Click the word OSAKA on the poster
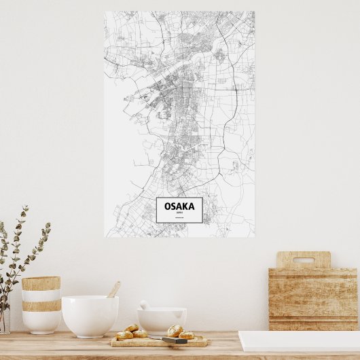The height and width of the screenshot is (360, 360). click(x=179, y=205)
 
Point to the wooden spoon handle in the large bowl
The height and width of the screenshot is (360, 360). click(x=113, y=289)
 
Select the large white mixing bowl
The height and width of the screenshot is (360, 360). click(x=90, y=315)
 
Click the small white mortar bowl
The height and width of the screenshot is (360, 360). click(x=162, y=319)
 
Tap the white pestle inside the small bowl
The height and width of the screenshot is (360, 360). click(x=145, y=306)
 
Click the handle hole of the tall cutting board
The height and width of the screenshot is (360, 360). click(x=303, y=259)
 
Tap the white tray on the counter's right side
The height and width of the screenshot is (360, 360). click(x=299, y=341)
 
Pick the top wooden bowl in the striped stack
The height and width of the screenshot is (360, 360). click(x=41, y=283)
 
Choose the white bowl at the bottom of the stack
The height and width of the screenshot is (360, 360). click(x=41, y=322)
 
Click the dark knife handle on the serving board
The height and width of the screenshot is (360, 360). click(x=175, y=340)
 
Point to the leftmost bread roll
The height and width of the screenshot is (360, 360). click(x=124, y=335)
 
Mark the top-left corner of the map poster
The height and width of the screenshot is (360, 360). click(x=105, y=12)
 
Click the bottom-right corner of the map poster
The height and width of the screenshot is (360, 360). click(x=254, y=236)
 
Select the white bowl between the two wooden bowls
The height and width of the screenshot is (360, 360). click(x=41, y=295)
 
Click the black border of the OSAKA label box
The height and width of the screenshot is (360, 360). click(x=157, y=210)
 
